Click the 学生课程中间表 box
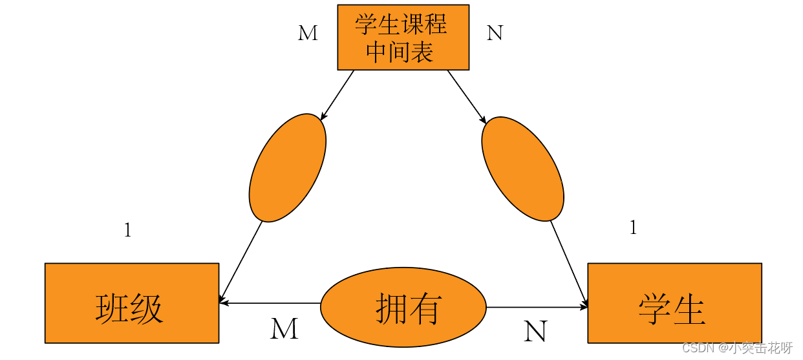[403, 37]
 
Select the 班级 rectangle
[131, 302]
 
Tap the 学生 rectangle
[674, 302]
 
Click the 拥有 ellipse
[403, 308]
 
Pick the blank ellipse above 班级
[288, 167]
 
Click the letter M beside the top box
[308, 34]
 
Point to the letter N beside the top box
[495, 33]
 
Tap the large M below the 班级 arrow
[284, 329]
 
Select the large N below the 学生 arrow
[535, 332]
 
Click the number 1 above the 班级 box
[127, 230]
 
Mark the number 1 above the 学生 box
[633, 228]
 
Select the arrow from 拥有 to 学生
[537, 307]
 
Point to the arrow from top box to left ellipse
[337, 94]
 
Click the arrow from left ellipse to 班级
[241, 261]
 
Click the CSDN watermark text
[736, 348]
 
